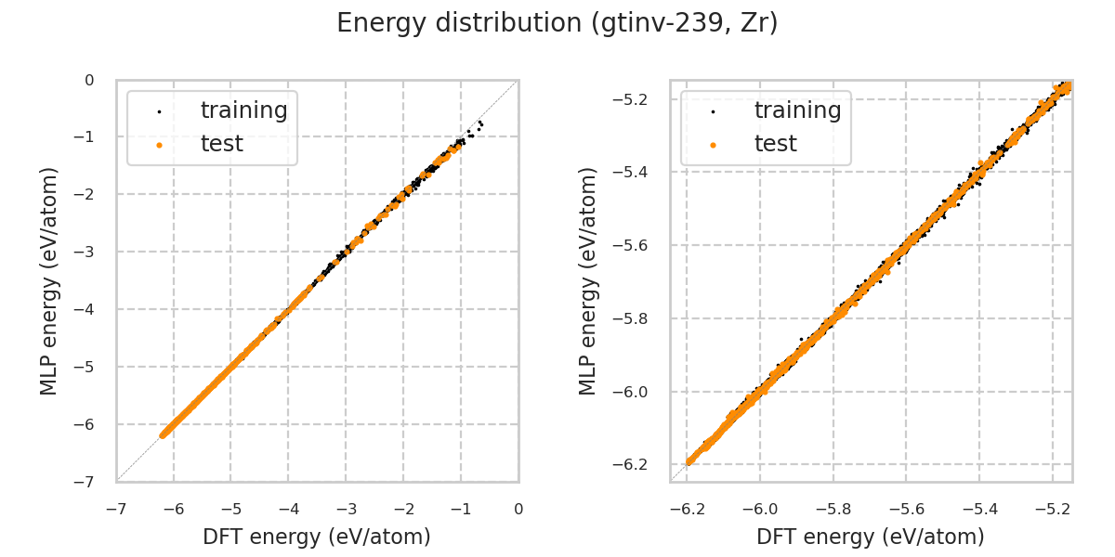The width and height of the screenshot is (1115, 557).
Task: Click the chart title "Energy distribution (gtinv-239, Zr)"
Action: tap(557, 23)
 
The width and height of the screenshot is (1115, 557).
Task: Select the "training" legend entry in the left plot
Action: tap(243, 110)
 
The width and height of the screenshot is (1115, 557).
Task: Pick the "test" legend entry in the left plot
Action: tap(221, 144)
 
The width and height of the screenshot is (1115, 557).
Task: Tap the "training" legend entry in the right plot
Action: tap(797, 110)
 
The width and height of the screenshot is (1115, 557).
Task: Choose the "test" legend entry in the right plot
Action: tap(775, 144)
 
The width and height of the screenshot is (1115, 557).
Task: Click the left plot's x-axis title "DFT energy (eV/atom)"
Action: tap(317, 537)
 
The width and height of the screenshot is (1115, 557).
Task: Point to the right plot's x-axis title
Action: tap(871, 537)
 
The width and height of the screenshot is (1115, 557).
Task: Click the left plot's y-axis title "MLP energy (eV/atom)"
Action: tap(49, 280)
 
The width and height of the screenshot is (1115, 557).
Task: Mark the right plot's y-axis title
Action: tap(588, 280)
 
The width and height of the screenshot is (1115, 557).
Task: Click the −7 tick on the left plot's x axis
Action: tap(115, 509)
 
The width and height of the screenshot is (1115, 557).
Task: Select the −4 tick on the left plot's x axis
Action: tap(288, 509)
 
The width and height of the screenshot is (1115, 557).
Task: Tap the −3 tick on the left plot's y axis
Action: tap(88, 252)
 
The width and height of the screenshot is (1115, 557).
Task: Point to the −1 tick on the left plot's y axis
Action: tap(88, 136)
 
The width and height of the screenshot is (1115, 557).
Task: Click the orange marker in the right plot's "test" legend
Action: tap(713, 145)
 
